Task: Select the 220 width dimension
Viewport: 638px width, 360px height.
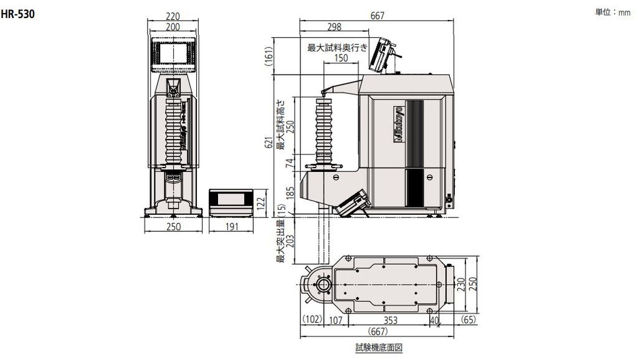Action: click(173, 16)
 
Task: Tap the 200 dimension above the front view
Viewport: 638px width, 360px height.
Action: click(173, 27)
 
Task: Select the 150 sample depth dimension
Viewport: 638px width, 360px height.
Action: click(341, 58)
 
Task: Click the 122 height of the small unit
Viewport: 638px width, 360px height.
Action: click(262, 202)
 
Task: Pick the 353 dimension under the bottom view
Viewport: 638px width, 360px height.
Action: click(391, 320)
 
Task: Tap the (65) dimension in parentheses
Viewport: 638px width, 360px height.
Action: click(469, 320)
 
